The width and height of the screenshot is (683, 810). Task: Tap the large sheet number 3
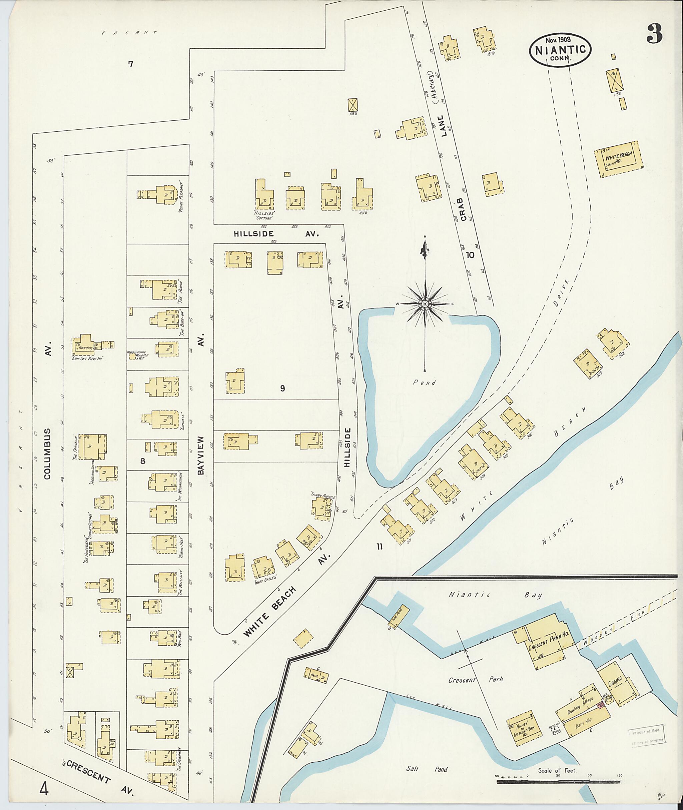point(654,34)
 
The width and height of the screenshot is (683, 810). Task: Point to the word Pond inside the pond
point(424,383)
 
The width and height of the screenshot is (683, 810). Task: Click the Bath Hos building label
point(583,725)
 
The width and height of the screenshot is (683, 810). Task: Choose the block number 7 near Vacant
point(130,64)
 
